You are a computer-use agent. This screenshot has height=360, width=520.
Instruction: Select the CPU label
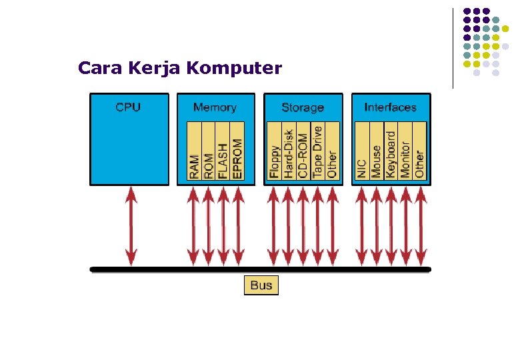pos(128,107)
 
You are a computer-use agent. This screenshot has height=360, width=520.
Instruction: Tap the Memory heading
pos(215,107)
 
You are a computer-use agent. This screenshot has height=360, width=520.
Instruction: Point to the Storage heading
pos(303,107)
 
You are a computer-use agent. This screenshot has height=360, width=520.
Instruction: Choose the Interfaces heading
pos(390,107)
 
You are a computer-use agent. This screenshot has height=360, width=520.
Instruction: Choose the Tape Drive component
pos(317,152)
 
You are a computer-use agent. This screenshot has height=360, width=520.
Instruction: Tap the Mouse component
pos(376,161)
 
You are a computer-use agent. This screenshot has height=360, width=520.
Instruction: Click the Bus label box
pos(261,285)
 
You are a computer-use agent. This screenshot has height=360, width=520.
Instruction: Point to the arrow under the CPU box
pos(131,226)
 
